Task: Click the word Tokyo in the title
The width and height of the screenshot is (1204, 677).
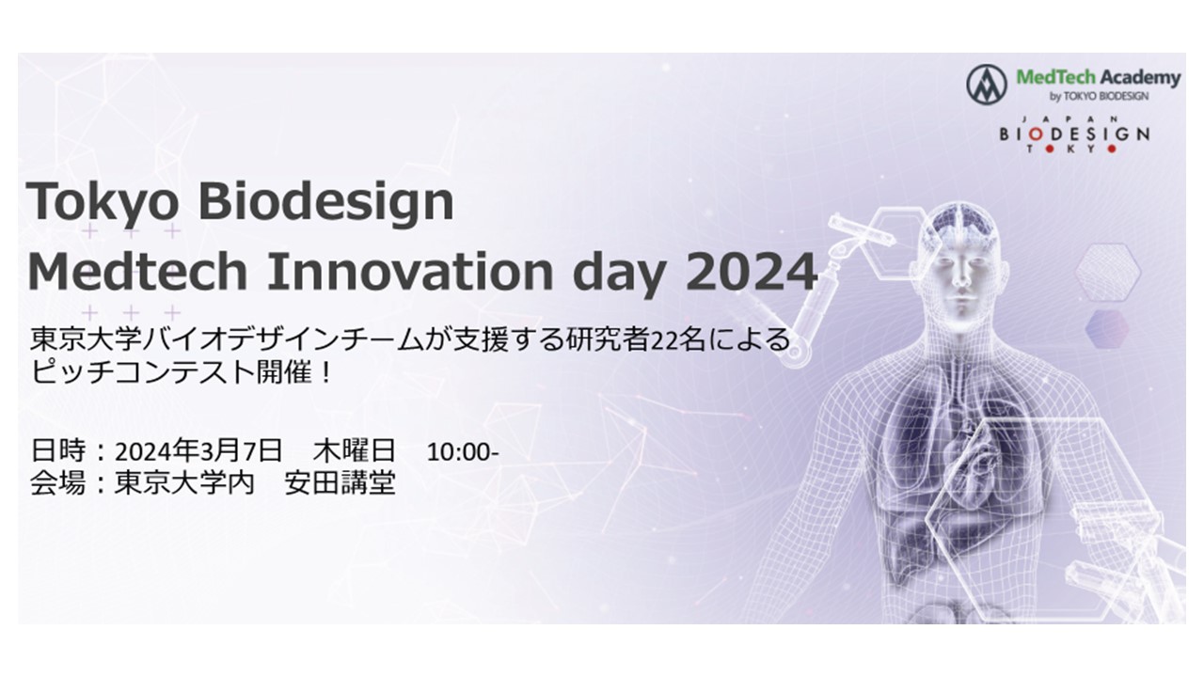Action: tap(103, 203)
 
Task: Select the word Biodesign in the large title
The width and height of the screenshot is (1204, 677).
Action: tap(326, 203)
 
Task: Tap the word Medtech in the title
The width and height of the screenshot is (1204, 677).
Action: tap(137, 272)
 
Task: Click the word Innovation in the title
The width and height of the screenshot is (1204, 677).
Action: tap(410, 272)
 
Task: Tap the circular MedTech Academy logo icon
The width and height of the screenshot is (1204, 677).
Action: tap(987, 85)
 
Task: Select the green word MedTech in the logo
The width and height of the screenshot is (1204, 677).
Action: tap(1055, 77)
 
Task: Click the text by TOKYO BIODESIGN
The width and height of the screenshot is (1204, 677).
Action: tap(1100, 97)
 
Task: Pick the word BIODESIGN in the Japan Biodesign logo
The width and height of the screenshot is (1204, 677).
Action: tap(1074, 134)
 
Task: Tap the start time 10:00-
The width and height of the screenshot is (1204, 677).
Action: tap(463, 452)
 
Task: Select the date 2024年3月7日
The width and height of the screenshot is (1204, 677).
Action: tap(198, 450)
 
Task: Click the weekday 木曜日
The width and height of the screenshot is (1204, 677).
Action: tap(355, 450)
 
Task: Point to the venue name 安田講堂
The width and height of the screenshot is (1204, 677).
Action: tap(341, 482)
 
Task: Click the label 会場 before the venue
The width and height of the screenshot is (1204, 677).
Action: tap(58, 482)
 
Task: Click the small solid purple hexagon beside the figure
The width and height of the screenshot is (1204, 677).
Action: tap(1107, 329)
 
